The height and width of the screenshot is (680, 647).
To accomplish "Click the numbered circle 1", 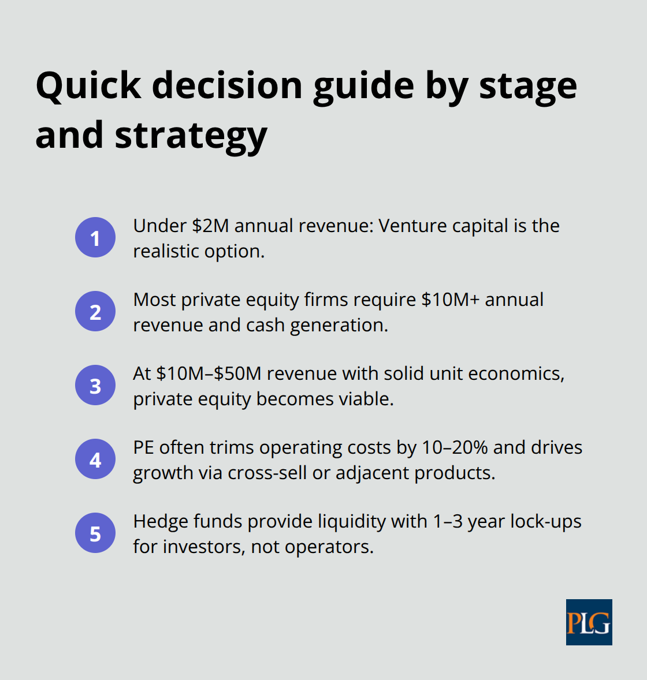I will click(x=95, y=237).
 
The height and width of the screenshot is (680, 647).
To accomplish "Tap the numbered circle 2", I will click(x=95, y=311).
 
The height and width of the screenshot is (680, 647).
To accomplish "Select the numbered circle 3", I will click(x=95, y=385).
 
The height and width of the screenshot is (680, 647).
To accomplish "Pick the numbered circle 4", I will click(x=95, y=459).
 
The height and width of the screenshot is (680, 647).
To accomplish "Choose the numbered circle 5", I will click(x=95, y=533).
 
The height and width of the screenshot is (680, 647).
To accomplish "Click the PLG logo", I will click(x=589, y=622).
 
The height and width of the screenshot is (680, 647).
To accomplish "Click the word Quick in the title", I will click(x=88, y=85).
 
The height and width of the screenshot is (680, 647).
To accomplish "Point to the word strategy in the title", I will click(x=191, y=136).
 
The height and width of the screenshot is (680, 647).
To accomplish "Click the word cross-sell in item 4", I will click(x=267, y=473).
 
